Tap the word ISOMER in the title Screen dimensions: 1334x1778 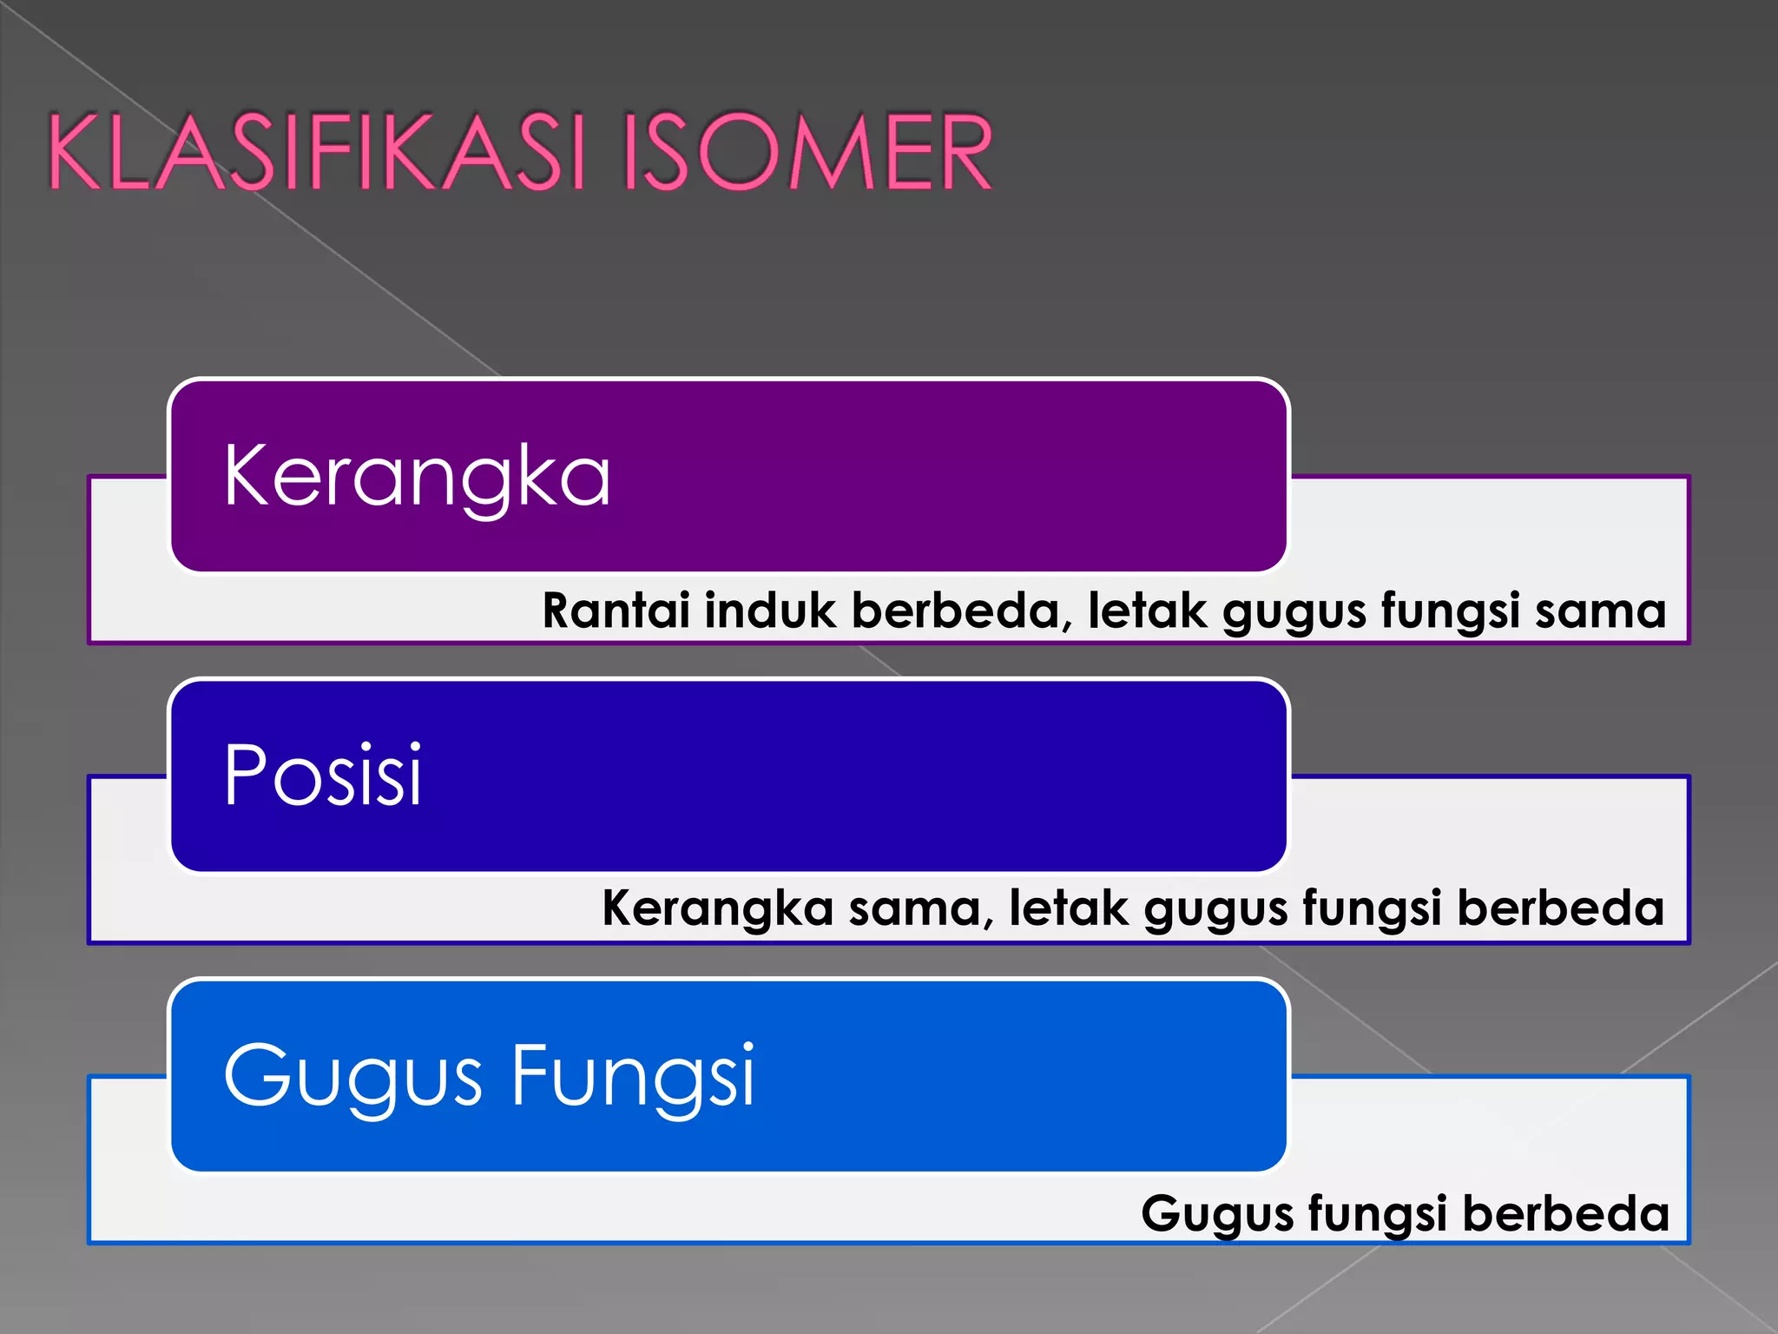(x=807, y=152)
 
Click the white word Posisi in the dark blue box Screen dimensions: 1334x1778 (x=323, y=775)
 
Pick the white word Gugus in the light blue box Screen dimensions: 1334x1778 (x=352, y=1077)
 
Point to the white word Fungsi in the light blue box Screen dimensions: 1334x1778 (x=633, y=1077)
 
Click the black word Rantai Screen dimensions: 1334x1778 (x=616, y=610)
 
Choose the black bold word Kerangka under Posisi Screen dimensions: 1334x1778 (x=718, y=908)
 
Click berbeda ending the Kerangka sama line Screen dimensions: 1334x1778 (x=1561, y=908)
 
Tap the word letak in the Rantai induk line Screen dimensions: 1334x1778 (x=1148, y=610)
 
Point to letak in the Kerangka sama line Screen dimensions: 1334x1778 (x=1069, y=908)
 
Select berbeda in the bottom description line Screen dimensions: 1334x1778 (x=1566, y=1213)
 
